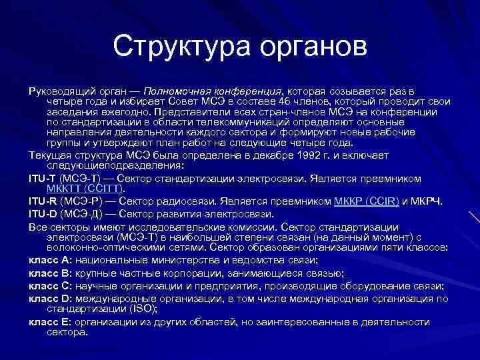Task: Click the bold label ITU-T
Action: click(x=44, y=179)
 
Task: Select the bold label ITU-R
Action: click(x=44, y=201)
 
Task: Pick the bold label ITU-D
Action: click(x=44, y=213)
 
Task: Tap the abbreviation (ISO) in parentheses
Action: click(x=141, y=309)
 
